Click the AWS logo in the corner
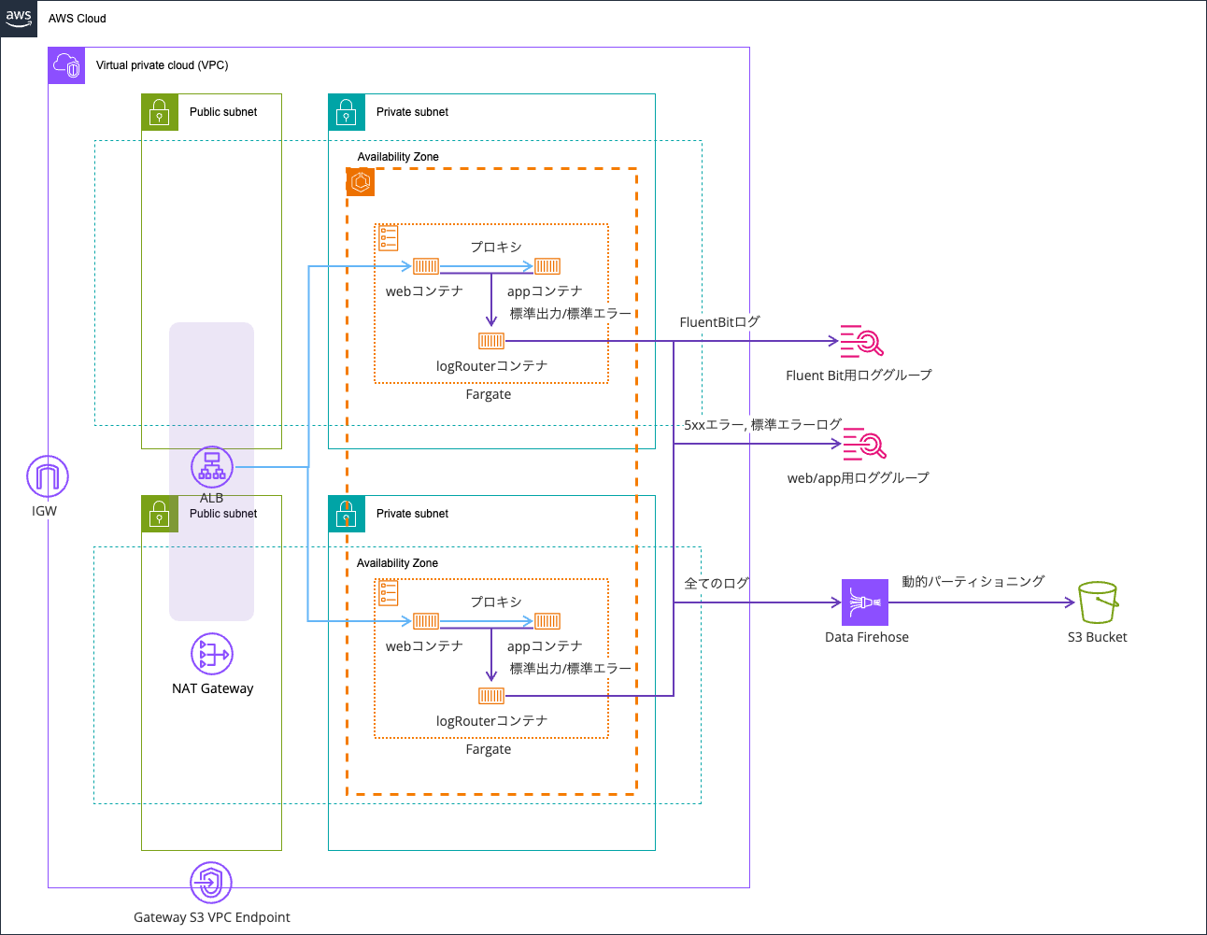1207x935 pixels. tap(19, 18)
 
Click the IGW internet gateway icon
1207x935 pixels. tap(47, 476)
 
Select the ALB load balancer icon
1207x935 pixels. tap(212, 467)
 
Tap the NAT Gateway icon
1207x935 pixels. tap(212, 654)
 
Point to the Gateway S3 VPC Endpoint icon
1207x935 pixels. tap(211, 882)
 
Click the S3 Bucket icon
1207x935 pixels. tap(1098, 602)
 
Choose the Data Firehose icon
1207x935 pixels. tap(865, 602)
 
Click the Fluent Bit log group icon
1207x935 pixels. tap(860, 342)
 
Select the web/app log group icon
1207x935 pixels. tap(864, 445)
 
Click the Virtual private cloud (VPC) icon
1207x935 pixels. tap(66, 65)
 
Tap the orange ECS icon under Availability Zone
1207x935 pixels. tap(361, 182)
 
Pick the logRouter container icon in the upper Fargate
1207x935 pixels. tap(491, 341)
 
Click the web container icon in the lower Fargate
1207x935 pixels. tap(426, 621)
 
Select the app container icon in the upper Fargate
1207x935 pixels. tap(547, 266)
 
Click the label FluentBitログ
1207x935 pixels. tap(719, 322)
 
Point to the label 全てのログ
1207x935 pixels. tap(717, 583)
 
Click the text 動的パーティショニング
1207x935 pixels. tap(973, 581)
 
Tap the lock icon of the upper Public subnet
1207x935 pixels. tap(160, 112)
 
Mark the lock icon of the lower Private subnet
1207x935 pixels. tap(347, 514)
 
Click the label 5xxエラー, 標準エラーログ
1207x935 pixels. tap(762, 425)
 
